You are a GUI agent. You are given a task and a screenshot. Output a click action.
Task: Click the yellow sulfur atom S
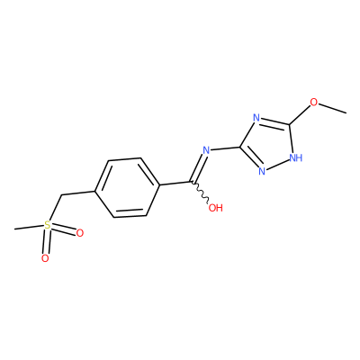pos(47,225)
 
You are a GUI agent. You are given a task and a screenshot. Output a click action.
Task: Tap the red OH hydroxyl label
pos(215,208)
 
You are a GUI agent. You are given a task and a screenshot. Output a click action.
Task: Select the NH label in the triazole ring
pos(295,157)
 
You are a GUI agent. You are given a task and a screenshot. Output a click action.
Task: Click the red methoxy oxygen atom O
pos(313,103)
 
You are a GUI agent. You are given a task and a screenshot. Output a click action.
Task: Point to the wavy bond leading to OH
pos(201,193)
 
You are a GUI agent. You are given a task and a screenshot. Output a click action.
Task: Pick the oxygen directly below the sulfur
pos(45,258)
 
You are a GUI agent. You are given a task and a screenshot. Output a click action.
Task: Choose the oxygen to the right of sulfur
pos(79,233)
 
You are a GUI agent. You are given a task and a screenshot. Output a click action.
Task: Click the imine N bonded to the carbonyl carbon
pos(206,150)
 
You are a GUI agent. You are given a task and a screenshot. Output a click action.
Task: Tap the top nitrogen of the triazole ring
pos(256,117)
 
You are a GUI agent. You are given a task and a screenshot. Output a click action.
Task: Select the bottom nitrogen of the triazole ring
pos(262,172)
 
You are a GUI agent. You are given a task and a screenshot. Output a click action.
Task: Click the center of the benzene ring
pos(127,187)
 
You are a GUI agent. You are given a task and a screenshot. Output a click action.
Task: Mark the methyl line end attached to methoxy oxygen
pos(346,113)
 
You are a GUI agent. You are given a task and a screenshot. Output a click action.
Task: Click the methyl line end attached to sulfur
pos(14,229)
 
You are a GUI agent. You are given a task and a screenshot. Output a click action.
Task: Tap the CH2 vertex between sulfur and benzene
pos(61,195)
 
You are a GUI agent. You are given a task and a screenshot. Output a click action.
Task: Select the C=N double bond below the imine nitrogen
pos(197,167)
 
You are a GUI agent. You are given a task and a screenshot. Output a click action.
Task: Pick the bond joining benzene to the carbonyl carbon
pos(175,184)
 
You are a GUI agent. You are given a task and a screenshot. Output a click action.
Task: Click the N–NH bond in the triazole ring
pos(277,165)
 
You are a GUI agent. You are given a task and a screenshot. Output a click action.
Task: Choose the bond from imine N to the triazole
pos(225,148)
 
